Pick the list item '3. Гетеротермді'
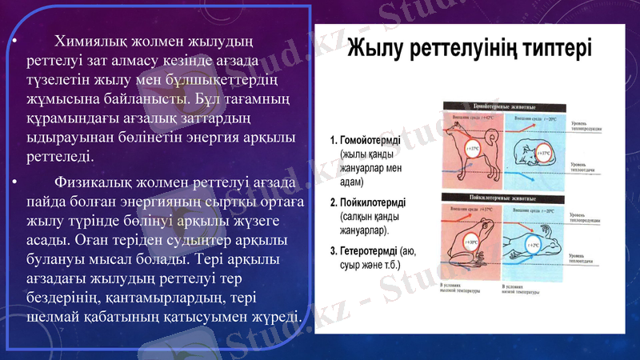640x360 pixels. pos(369,251)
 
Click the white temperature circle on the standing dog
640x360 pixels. pos(474,150)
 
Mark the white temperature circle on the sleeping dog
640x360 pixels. pos(544,152)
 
